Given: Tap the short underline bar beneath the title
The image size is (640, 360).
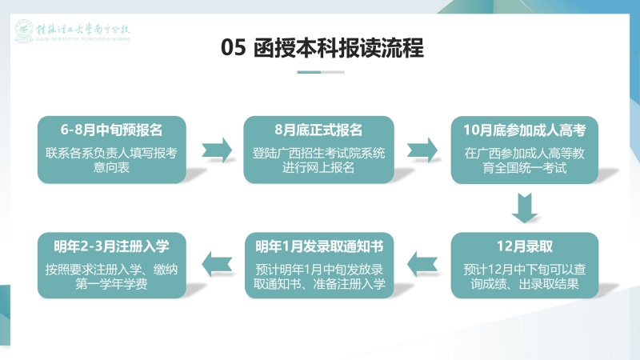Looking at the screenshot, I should tap(320, 72).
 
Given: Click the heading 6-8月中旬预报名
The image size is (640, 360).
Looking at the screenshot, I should tap(112, 129).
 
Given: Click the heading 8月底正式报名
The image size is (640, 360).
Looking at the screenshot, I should tap(319, 129).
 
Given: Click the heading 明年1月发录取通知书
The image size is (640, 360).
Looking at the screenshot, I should tap(319, 246).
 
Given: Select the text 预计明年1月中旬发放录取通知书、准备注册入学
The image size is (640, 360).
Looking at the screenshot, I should tap(319, 276).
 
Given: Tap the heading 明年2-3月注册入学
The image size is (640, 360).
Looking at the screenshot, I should tap(112, 246).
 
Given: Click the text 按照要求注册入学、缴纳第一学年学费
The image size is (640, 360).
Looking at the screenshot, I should tap(112, 276).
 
